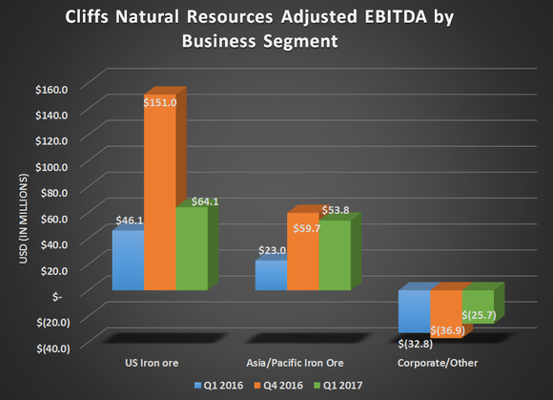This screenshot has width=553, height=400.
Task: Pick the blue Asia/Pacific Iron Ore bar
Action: pos(271,276)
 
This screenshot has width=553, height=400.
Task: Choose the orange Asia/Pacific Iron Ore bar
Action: pos(302,252)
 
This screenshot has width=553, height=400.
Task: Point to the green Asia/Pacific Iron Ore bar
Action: pos(334,256)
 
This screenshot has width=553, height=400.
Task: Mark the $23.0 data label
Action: pos(269,250)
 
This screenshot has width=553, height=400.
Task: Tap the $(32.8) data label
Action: pos(416,342)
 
